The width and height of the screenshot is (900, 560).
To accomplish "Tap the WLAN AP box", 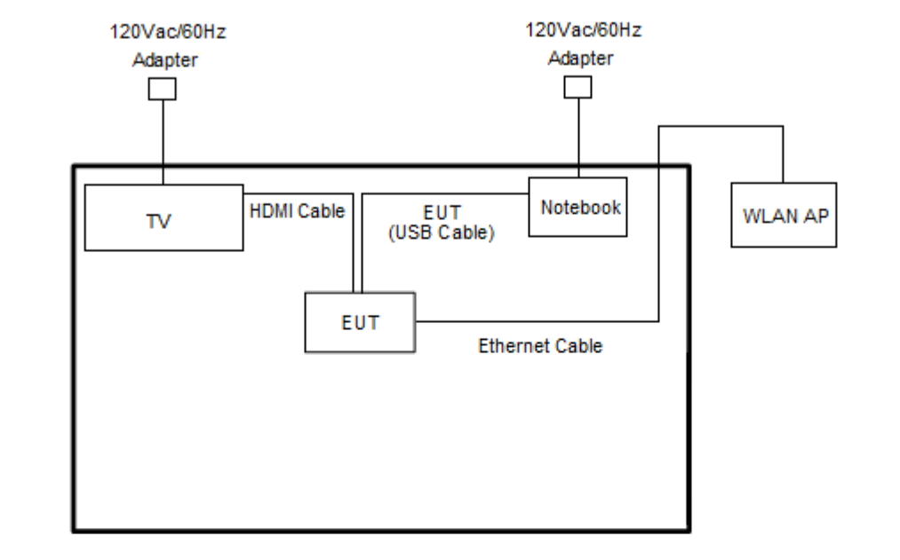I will click(x=782, y=215).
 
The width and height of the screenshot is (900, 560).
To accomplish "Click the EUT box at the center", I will click(x=360, y=322).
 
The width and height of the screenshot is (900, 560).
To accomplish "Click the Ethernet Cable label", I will click(x=540, y=346).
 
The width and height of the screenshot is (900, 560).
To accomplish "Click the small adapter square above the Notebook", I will click(x=578, y=87).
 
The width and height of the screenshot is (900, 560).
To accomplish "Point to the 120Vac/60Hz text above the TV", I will click(x=163, y=33).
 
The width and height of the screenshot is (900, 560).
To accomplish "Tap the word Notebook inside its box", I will click(x=578, y=207).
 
